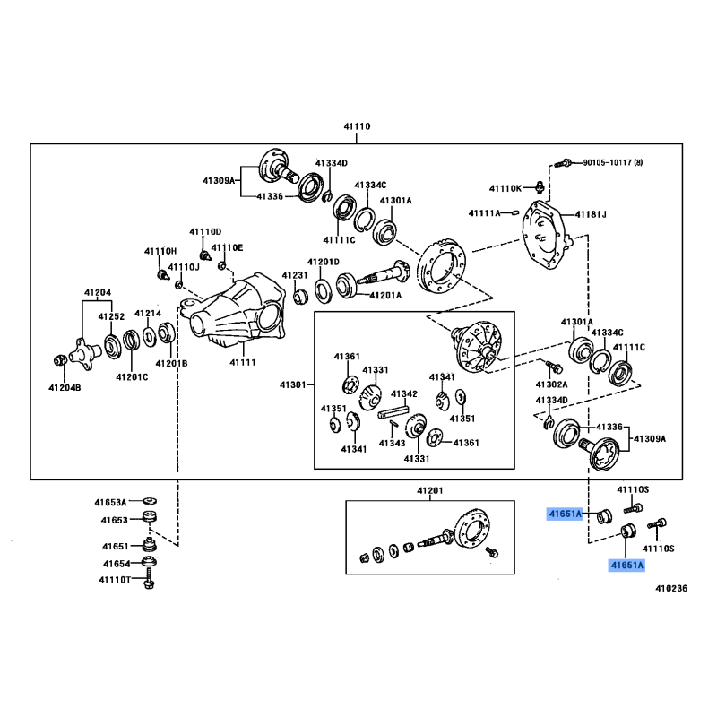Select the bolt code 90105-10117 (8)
point(613,163)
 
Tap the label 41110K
point(505,188)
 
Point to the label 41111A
point(485,212)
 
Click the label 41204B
point(65,388)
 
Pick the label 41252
point(111,317)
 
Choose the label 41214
point(148,313)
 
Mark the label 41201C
point(132,377)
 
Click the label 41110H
point(161,251)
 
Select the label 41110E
point(227,247)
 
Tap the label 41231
point(295,275)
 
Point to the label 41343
point(392,443)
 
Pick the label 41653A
point(114,502)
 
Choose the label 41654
point(117,564)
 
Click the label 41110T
point(115,581)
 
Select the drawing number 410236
point(669,589)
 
